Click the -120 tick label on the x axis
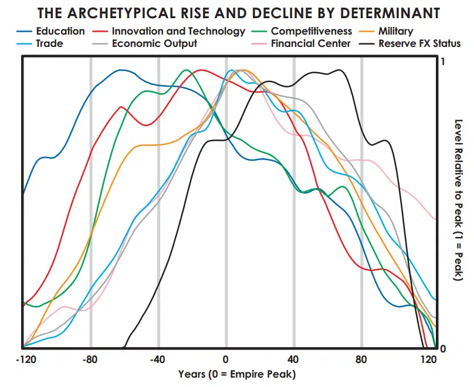click(24, 359)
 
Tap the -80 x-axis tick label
click(91, 359)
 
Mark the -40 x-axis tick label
click(158, 359)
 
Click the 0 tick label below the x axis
click(226, 359)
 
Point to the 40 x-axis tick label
click(293, 359)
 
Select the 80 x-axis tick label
click(361, 359)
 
